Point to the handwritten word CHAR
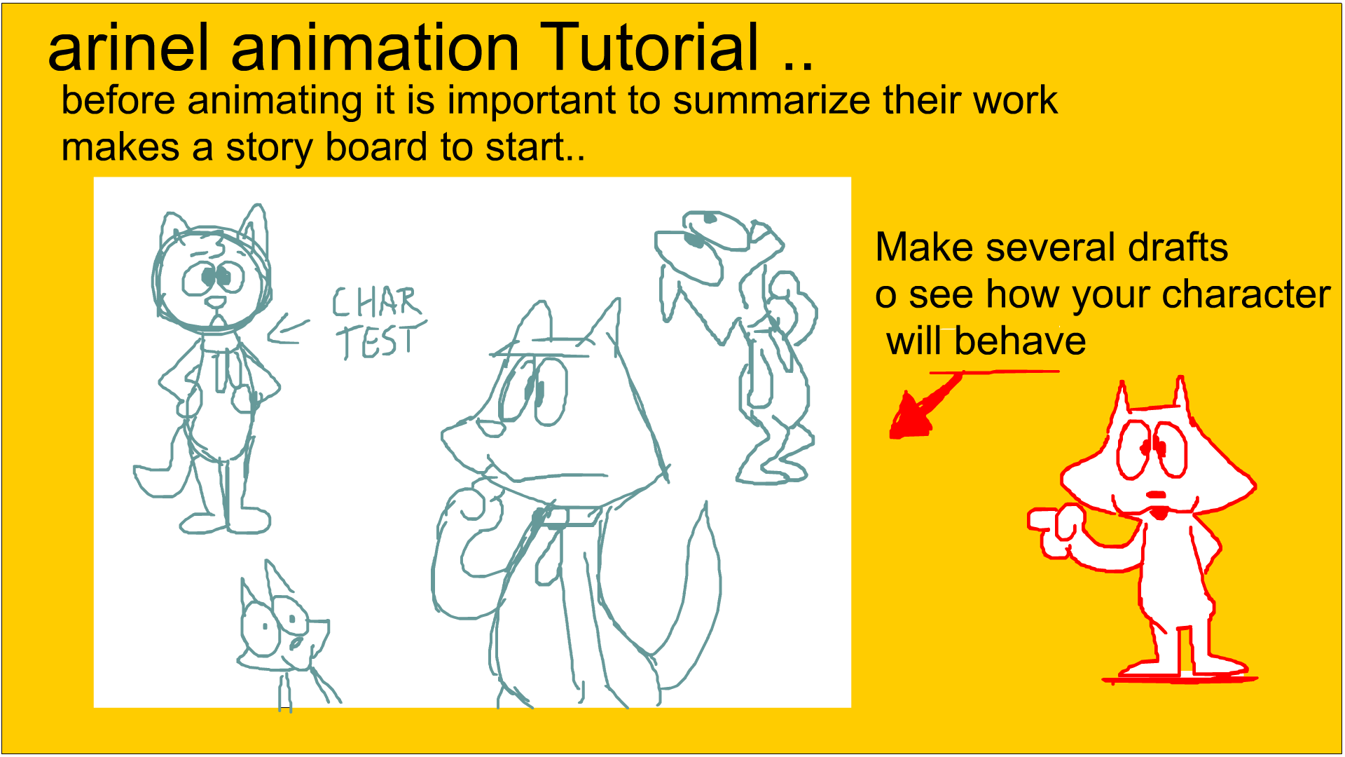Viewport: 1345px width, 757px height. [x=377, y=302]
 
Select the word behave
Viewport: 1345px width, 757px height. [x=1020, y=341]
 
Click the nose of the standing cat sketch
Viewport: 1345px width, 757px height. [x=216, y=303]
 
